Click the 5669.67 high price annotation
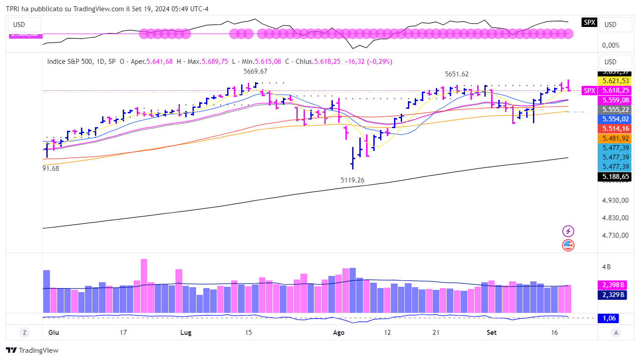(x=255, y=71)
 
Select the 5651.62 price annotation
(x=457, y=74)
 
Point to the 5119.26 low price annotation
(x=352, y=180)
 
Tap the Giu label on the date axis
(x=54, y=333)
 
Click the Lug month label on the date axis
(x=185, y=333)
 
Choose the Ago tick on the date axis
(x=339, y=333)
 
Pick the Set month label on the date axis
(x=492, y=333)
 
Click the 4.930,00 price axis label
(x=615, y=200)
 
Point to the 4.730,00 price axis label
(x=615, y=235)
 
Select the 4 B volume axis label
(x=606, y=267)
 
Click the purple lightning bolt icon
(x=568, y=231)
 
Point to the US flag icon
(x=568, y=245)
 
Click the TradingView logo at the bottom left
(x=32, y=351)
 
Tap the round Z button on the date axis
(x=24, y=333)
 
